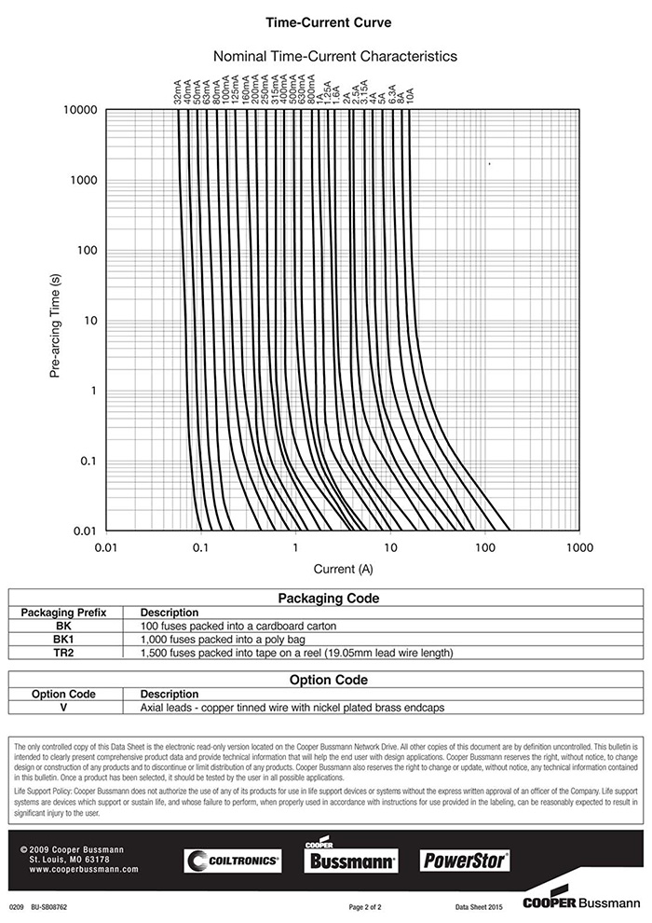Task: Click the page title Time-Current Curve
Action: click(329, 21)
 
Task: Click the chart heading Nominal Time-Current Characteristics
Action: click(335, 56)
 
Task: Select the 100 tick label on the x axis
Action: click(483, 548)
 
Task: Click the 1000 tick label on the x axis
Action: click(578, 548)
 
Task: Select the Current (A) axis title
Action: click(343, 568)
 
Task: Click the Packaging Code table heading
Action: click(329, 599)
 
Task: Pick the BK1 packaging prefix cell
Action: click(64, 640)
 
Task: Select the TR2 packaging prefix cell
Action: click(64, 653)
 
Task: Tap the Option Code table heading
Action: click(329, 680)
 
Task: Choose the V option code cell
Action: click(64, 708)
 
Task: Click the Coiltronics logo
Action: click(232, 861)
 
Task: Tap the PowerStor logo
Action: click(465, 860)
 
